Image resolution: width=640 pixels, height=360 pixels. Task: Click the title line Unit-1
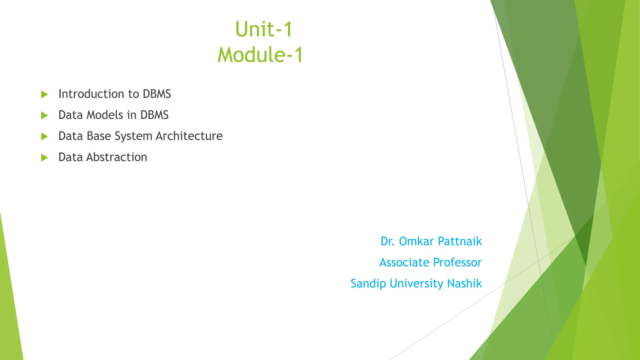(x=263, y=29)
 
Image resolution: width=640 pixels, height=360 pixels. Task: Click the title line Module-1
(x=260, y=55)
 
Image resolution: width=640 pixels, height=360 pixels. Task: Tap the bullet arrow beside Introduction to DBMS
(x=44, y=94)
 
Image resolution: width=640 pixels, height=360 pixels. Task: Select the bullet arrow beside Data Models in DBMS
(x=44, y=115)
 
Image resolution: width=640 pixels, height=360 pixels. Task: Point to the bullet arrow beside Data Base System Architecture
(x=44, y=136)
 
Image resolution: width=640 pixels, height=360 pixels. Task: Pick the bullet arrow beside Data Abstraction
(x=44, y=157)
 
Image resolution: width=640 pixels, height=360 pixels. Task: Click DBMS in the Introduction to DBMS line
(x=157, y=94)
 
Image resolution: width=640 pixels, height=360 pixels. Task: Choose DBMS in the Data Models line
(x=154, y=115)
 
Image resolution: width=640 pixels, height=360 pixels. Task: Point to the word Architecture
(x=189, y=136)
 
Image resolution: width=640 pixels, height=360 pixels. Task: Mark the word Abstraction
(x=117, y=157)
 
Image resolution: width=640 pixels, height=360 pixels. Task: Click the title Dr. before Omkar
(x=387, y=242)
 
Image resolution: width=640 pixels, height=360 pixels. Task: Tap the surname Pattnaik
(x=460, y=242)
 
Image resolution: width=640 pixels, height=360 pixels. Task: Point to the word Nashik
(x=464, y=283)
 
